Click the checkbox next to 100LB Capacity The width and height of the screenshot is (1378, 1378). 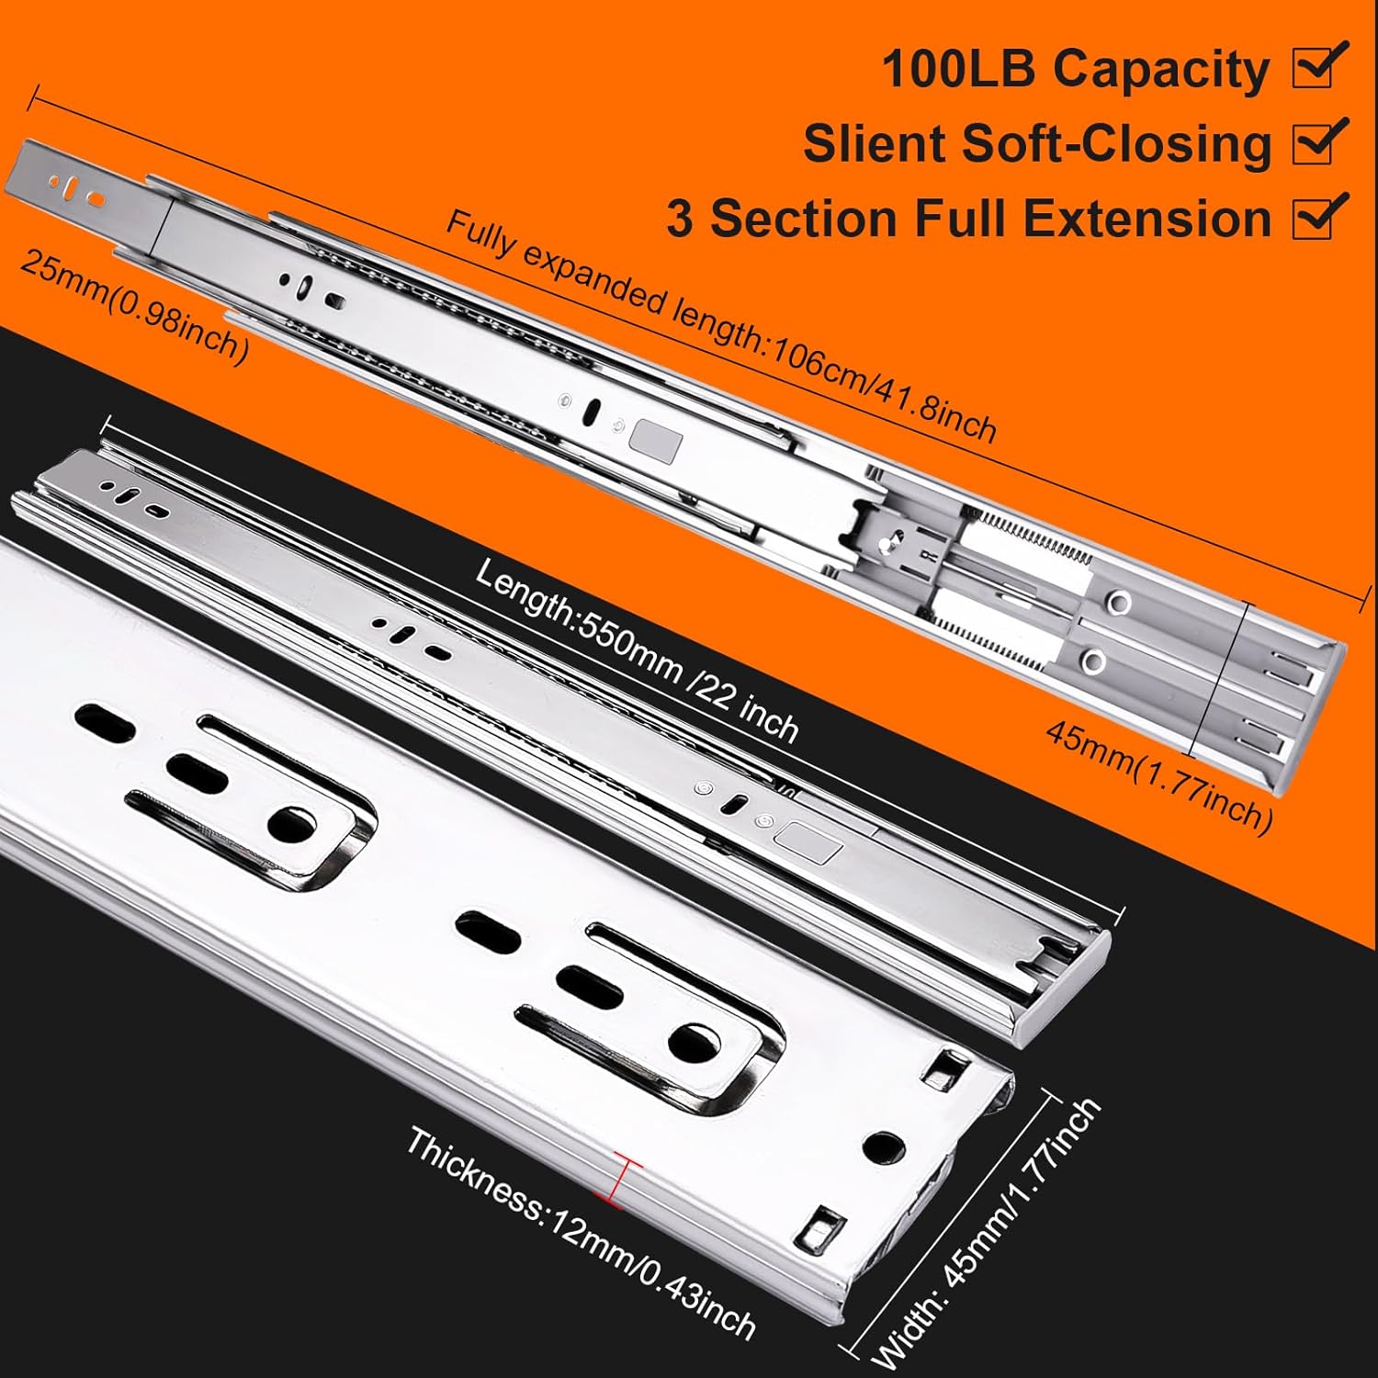1316,68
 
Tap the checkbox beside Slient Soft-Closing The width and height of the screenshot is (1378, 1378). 1316,143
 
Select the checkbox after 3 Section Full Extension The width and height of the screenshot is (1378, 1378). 1316,218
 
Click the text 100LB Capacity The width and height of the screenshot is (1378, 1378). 1075,70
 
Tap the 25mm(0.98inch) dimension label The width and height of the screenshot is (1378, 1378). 133,308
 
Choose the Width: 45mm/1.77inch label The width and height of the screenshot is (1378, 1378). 988,1236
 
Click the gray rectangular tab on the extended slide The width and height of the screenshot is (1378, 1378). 655,439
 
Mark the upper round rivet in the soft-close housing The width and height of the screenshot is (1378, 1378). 1120,602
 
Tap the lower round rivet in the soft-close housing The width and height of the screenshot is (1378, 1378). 1094,659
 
